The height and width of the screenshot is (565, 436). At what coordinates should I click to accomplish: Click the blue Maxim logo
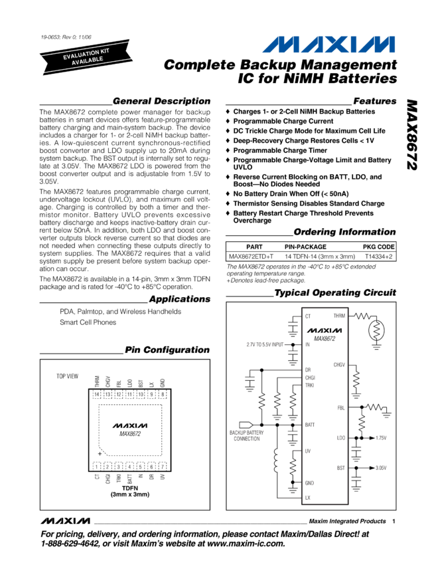[x=328, y=45]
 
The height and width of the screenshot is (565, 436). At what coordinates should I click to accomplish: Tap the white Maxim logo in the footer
[x=66, y=519]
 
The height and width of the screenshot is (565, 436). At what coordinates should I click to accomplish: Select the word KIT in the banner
[x=104, y=51]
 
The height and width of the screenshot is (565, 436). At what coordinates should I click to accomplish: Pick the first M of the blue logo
[x=279, y=45]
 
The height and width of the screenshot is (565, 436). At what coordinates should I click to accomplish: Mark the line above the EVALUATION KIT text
[x=84, y=47]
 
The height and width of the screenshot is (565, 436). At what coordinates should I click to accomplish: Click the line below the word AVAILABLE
[x=88, y=65]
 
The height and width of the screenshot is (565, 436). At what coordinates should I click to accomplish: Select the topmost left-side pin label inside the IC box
[x=308, y=316]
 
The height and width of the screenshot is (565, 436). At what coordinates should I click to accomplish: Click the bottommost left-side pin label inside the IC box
[x=308, y=497]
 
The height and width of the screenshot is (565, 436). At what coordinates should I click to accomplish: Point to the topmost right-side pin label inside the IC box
[x=339, y=316]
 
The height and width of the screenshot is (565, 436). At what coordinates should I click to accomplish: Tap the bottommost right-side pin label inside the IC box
[x=340, y=468]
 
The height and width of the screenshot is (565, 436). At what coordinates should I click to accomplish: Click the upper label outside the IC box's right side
[x=381, y=438]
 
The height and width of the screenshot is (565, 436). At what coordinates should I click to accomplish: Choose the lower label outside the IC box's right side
[x=381, y=468]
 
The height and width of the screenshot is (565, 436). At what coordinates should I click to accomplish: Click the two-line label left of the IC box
[x=247, y=435]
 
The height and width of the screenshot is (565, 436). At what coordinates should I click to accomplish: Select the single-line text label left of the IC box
[x=265, y=344]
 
